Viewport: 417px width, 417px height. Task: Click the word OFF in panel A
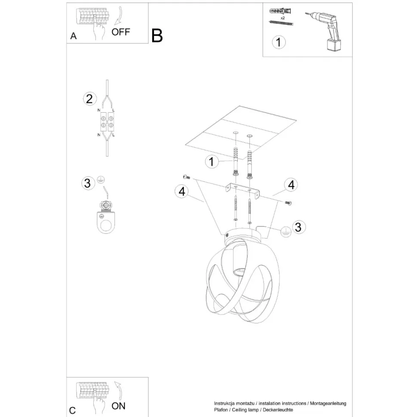coord(120,32)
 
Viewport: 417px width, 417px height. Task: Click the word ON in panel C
coord(118,405)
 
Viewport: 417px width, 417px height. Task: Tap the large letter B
coord(157,36)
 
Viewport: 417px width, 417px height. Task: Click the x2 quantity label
coord(282,18)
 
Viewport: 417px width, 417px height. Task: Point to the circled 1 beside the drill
coord(279,42)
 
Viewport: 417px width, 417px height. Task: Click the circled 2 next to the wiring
coord(89,99)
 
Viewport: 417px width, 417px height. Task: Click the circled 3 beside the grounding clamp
coord(88,183)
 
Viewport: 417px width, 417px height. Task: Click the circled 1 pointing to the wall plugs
coord(211,162)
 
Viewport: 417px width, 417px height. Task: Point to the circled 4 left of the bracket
coord(182,192)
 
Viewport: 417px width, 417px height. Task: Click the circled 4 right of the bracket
coord(291,185)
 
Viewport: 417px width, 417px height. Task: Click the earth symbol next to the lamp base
coord(285,231)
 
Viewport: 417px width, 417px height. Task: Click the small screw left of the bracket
coord(186,177)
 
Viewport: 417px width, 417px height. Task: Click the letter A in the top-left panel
coord(74,37)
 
